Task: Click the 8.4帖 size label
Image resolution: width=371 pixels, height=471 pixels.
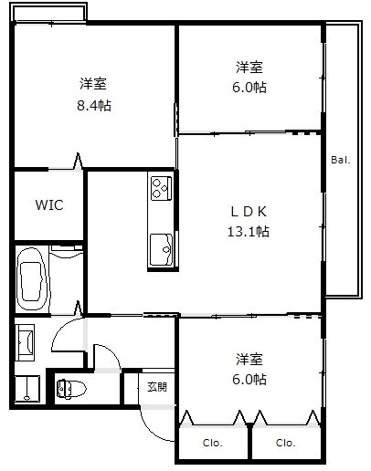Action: (94, 105)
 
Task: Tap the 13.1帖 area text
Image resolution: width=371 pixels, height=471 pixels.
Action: (249, 231)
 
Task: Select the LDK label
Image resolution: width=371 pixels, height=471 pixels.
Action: (249, 211)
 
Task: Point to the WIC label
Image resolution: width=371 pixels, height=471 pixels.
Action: (49, 204)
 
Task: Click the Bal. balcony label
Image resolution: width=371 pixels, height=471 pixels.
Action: (340, 161)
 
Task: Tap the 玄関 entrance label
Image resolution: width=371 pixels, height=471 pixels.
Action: (157, 386)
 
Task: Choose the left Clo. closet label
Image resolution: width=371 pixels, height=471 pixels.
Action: (213, 444)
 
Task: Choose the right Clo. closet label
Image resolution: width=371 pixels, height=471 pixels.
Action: (286, 444)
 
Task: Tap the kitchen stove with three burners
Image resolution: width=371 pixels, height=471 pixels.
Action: (161, 188)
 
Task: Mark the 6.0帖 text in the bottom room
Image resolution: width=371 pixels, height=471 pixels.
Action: (249, 379)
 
